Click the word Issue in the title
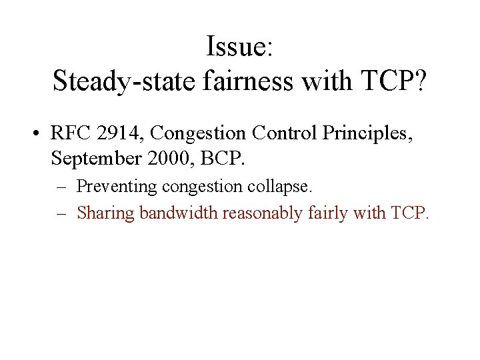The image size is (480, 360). click(x=234, y=47)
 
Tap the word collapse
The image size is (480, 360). click(x=281, y=187)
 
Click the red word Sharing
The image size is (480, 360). click(x=101, y=213)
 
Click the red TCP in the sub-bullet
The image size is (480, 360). click(x=409, y=213)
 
